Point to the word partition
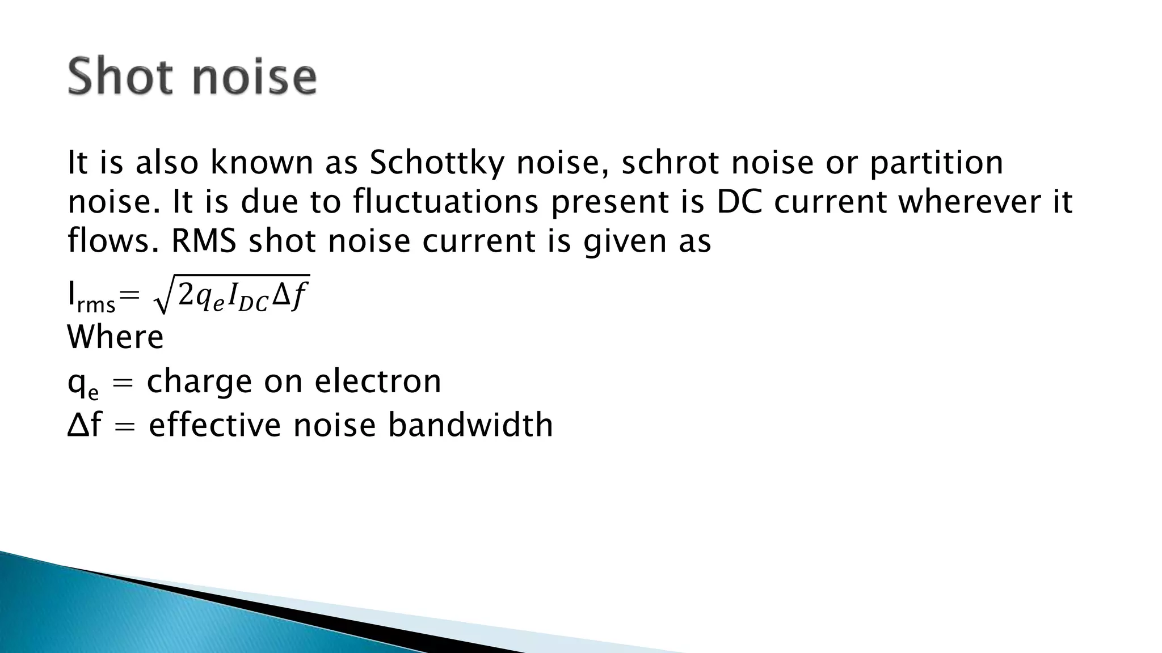click(x=936, y=163)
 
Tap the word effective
click(x=215, y=425)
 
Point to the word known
click(x=262, y=162)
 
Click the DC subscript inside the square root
click(x=252, y=304)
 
